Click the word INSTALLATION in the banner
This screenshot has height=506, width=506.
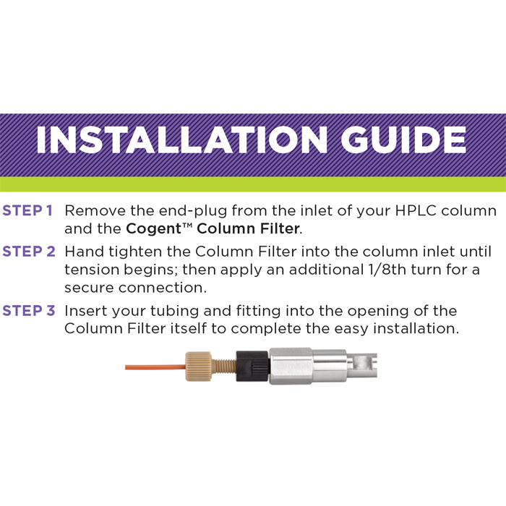point(181,140)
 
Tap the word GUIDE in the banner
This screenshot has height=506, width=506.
point(403,140)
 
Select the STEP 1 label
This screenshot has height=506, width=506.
point(27,211)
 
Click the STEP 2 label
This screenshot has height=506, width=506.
point(29,252)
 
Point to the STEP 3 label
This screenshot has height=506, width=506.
point(29,310)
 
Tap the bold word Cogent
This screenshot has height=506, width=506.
point(154,229)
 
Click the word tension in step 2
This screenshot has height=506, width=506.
point(92,270)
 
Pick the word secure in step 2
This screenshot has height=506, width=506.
point(89,288)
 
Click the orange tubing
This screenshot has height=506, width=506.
point(155,367)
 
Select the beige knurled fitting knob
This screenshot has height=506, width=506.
point(199,366)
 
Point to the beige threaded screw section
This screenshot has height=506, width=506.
point(224,366)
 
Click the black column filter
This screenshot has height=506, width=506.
point(252,366)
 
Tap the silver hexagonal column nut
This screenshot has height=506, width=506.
point(291,366)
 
